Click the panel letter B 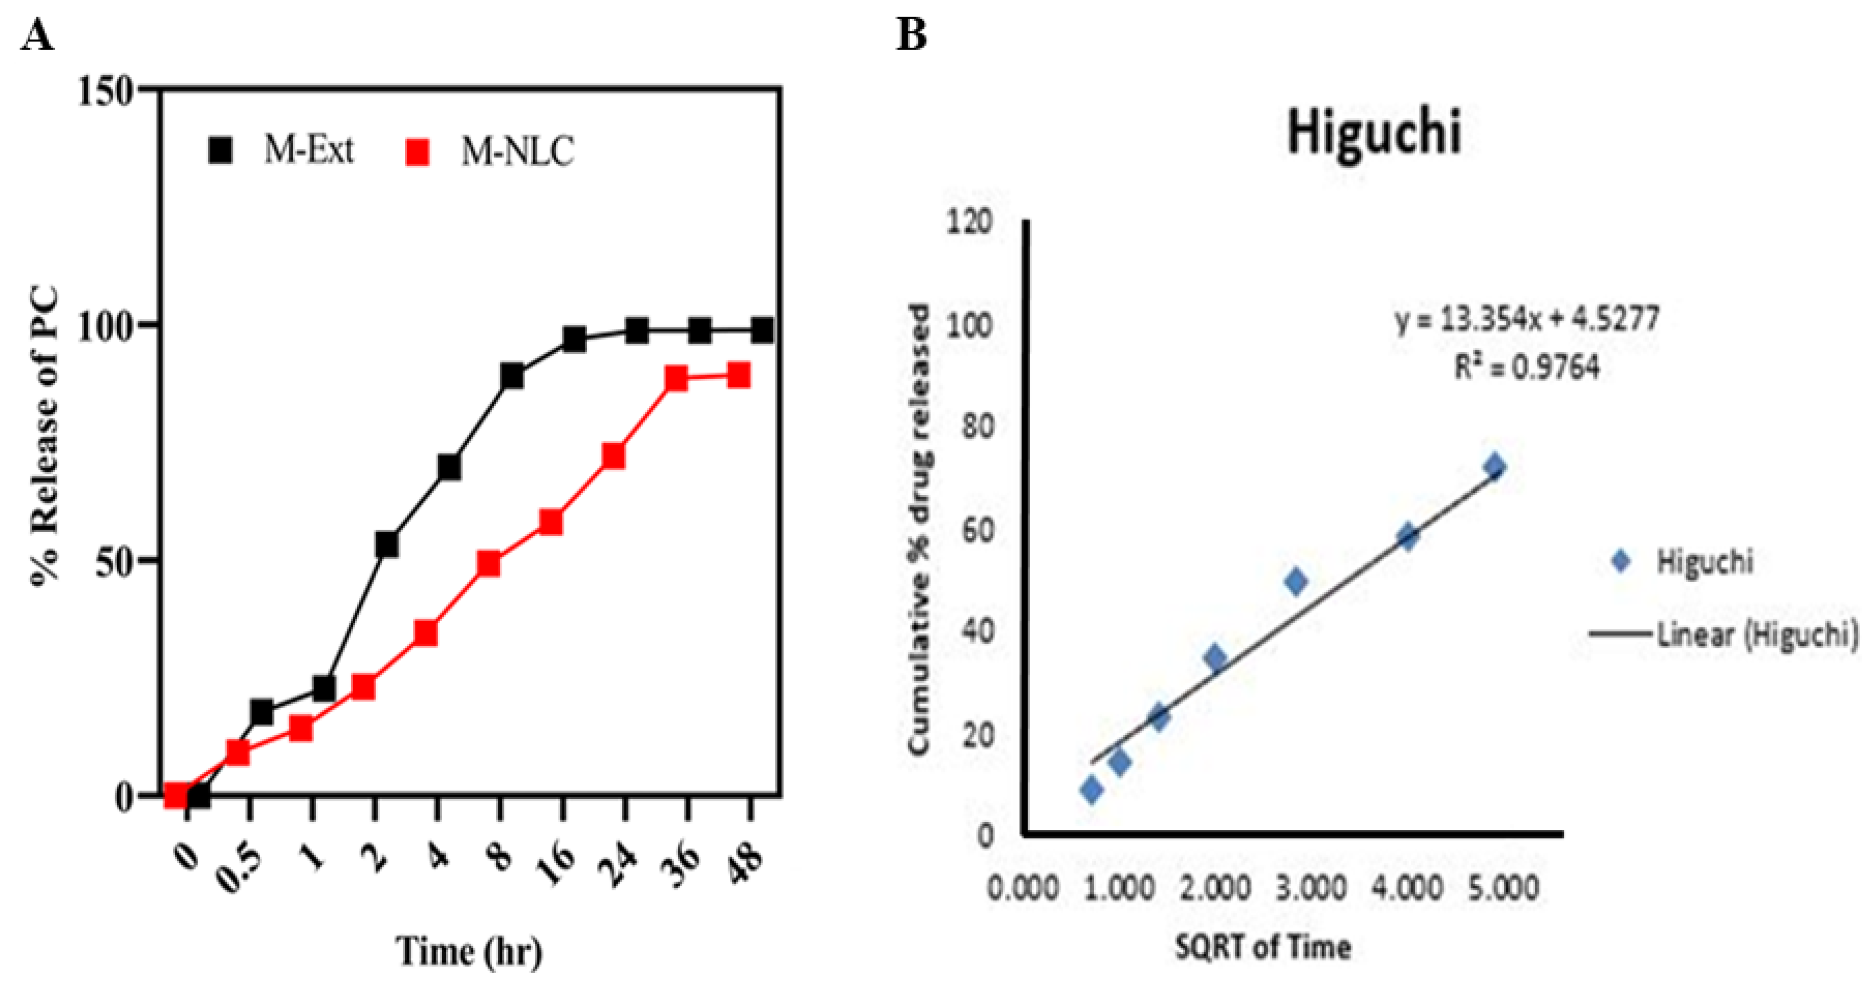(911, 35)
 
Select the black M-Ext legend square (221, 150)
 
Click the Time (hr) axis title (469, 950)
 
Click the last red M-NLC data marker (738, 377)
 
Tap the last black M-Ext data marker (762, 332)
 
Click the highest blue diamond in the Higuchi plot (1495, 467)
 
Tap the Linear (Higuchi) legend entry (1723, 634)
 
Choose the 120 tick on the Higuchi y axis (970, 221)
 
